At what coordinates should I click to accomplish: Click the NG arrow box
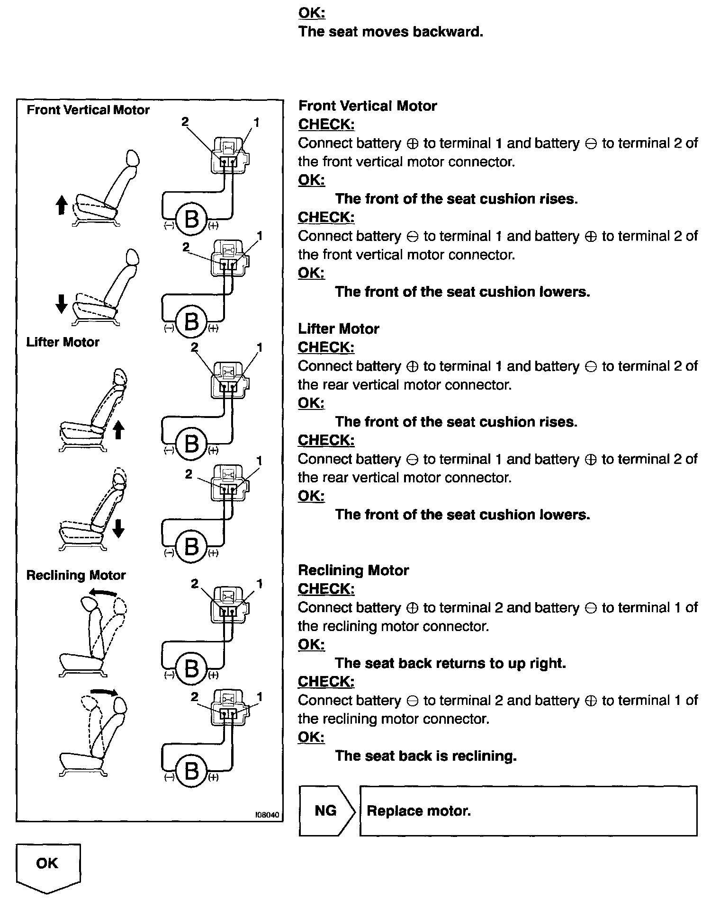point(326,811)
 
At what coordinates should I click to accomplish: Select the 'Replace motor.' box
point(528,811)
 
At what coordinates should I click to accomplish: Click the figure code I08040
point(267,815)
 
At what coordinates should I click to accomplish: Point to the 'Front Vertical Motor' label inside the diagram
point(88,110)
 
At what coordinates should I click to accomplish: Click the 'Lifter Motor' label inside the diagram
point(63,342)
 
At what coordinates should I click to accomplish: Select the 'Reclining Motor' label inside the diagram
point(76,575)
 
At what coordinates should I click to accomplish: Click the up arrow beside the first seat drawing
point(61,205)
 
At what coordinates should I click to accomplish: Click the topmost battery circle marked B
point(191,219)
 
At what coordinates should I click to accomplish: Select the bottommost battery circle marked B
point(191,771)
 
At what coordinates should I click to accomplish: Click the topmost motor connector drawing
point(230,155)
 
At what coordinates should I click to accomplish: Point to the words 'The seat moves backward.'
point(391,32)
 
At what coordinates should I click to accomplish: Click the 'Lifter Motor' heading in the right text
point(339,329)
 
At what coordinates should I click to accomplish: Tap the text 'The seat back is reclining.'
point(425,756)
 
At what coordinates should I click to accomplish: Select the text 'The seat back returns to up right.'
point(450,663)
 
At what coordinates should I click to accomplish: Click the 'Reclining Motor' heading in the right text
point(353,570)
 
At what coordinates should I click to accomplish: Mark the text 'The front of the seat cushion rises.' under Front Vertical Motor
point(456,198)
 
